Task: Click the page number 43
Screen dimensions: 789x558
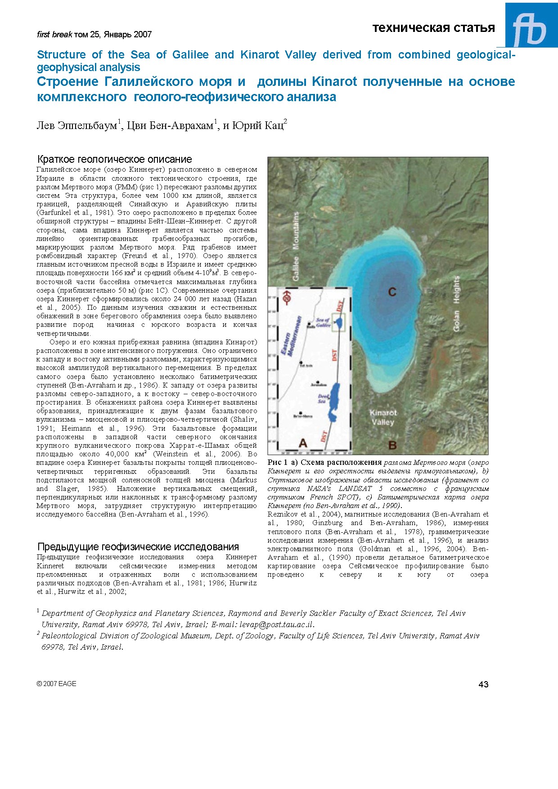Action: coord(483,684)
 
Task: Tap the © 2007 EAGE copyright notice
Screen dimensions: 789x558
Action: coord(57,684)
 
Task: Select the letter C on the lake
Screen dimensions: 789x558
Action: coord(392,292)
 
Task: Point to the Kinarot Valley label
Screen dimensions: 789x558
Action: coord(383,417)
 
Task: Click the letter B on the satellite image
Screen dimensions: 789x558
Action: coord(392,445)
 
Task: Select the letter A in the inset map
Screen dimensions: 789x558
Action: coord(303,443)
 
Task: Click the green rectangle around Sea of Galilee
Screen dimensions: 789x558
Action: coord(338,322)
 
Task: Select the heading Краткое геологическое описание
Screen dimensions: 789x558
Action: coord(114,159)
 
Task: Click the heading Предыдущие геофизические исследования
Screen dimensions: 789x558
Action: coord(138,547)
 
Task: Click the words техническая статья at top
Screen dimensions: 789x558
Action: coord(433,28)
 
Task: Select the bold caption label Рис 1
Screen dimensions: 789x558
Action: coord(277,462)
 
